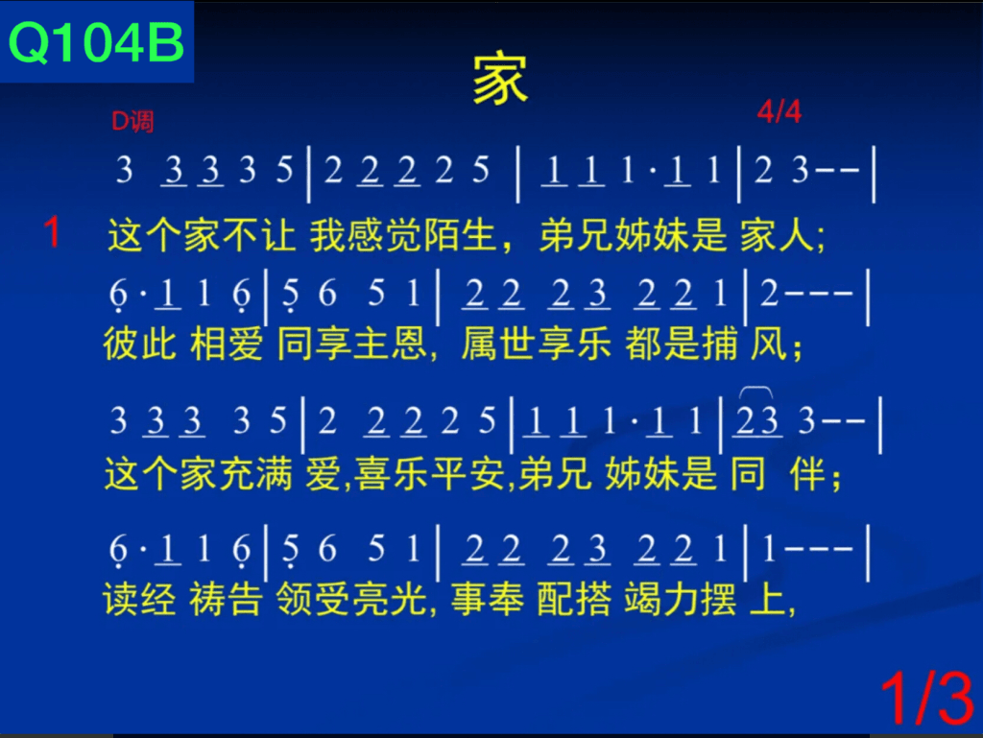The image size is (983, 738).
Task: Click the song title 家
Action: (x=500, y=79)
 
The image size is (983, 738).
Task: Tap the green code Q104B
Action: (x=96, y=42)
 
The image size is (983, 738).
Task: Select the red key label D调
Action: (x=132, y=121)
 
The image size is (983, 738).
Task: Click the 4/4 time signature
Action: (x=779, y=112)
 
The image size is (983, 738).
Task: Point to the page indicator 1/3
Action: (x=927, y=698)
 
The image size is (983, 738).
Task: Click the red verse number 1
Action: (x=53, y=232)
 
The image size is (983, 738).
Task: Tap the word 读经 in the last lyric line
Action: (x=139, y=599)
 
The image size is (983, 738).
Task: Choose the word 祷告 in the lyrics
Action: (x=226, y=599)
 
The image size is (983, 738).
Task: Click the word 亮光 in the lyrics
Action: (x=390, y=599)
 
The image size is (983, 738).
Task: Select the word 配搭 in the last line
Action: (x=574, y=599)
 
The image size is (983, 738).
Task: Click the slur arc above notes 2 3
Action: (x=756, y=389)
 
